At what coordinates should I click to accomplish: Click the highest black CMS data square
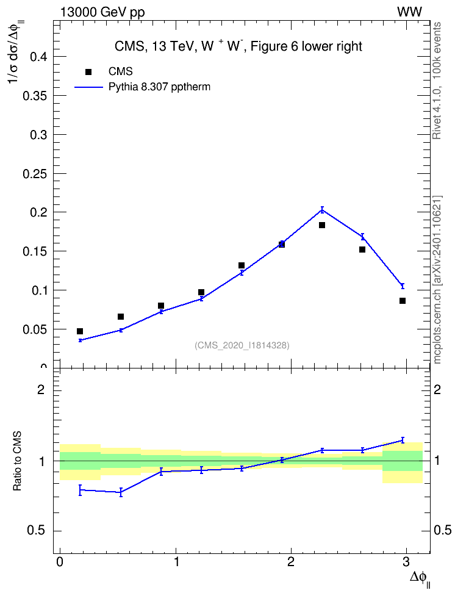pos(322,225)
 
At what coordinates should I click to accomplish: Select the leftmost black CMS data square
pos(80,331)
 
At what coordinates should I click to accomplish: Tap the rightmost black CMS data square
pos(403,301)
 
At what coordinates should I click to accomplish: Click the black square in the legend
pos(88,71)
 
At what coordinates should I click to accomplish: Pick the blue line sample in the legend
pos(88,87)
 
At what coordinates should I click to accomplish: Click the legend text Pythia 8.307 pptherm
pos(159,87)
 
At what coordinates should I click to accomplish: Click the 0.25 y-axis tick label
pos(35,174)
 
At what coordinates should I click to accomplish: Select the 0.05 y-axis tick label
pos(35,329)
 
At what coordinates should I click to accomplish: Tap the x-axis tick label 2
pos(290,562)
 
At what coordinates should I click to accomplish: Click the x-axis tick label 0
pos(60,562)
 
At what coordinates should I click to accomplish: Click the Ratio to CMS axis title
pos(17,461)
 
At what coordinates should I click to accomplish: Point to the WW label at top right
pos(409,12)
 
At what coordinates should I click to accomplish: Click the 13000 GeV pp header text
pos(102,13)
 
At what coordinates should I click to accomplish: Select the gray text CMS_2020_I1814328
pos(242,345)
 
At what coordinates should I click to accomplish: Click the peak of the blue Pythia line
pos(322,209)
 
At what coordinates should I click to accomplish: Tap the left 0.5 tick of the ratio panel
pos(57,531)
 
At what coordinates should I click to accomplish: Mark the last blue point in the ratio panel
pos(403,440)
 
